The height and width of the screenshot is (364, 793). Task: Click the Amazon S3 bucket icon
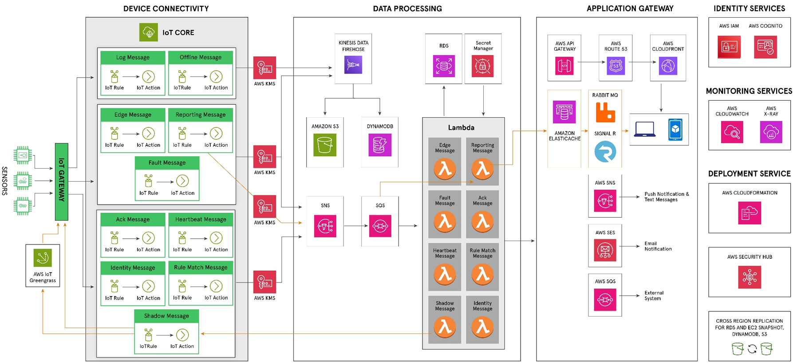pos(324,145)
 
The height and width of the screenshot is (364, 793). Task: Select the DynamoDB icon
pos(379,145)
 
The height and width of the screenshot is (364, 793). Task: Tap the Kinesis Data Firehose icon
pos(353,65)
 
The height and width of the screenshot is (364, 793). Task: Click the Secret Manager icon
pos(482,66)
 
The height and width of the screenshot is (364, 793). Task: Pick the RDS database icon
pos(444,66)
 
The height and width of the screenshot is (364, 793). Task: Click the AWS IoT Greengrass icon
pos(43,258)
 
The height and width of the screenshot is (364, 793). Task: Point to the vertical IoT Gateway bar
pos(62,182)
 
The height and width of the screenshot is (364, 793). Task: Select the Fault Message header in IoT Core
pos(167,163)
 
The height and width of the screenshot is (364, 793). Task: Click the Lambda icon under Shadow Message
pos(445,328)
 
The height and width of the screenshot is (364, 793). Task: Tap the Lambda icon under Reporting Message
pos(482,169)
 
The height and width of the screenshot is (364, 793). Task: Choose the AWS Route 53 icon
pos(615,66)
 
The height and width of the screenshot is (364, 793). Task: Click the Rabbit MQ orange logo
pos(605,112)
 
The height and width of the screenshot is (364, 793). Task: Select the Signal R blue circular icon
pos(605,152)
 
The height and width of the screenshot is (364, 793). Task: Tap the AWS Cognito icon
pos(765,47)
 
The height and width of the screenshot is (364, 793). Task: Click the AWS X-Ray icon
pos(771,132)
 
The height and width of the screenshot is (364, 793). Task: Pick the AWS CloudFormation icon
pos(749,213)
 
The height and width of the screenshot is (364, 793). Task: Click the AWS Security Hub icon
pos(749,277)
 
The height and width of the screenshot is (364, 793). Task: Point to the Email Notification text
pos(658,246)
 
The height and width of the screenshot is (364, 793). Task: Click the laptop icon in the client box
pos(644,130)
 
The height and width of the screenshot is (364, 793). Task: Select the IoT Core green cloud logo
pos(148,32)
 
